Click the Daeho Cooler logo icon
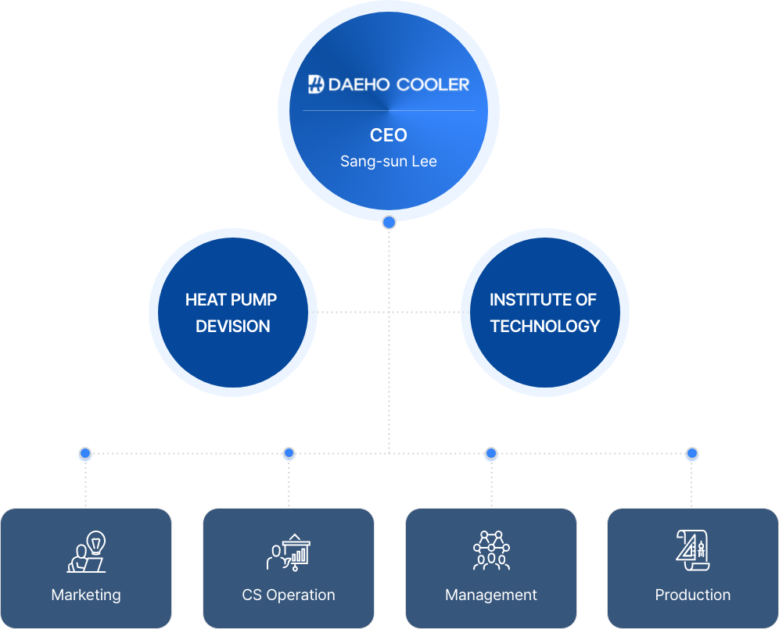[316, 84]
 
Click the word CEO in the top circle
[389, 135]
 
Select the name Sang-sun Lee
[389, 161]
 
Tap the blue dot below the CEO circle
[389, 223]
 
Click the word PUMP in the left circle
[254, 300]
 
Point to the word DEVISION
[233, 326]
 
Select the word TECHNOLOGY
[545, 326]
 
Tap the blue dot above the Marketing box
[85, 453]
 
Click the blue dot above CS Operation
[289, 453]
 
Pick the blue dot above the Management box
[491, 453]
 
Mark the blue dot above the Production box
[692, 453]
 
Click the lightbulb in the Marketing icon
[96, 542]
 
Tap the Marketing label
[86, 595]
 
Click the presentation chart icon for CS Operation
[289, 552]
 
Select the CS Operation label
[289, 595]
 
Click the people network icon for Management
[491, 550]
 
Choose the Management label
[491, 595]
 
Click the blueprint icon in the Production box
[692, 550]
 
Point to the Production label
[692, 595]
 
